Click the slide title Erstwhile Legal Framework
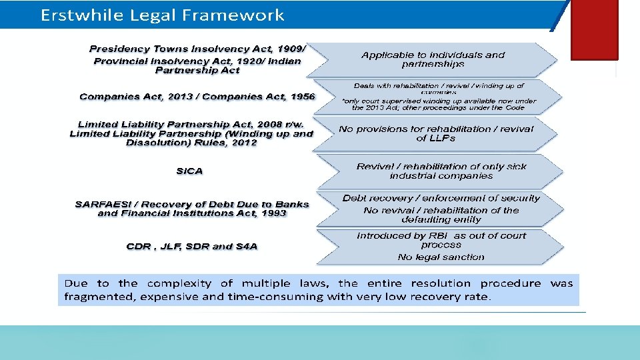point(162,15)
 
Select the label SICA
point(189,171)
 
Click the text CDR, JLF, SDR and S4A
point(192,247)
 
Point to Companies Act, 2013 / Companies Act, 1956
point(197,97)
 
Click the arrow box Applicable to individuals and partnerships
point(433,59)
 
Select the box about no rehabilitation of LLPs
point(436,133)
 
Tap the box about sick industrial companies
point(441,171)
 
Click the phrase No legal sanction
point(441,257)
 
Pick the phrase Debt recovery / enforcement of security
point(441,198)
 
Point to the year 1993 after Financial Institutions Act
point(273,213)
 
